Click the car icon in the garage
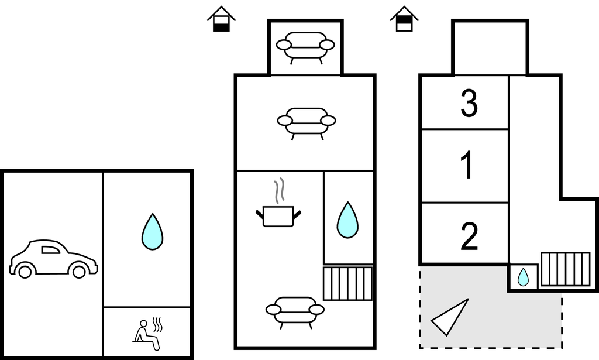coord(53,259)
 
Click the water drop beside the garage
coord(153,232)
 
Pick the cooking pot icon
coord(278,217)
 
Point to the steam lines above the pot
coord(280,190)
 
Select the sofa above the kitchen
coord(307,123)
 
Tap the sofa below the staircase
coord(295,312)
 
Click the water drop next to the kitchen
coord(347,220)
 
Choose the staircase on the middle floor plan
coord(347,283)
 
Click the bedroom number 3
coord(469,103)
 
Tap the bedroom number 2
coord(470,236)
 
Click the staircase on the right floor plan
coord(566,269)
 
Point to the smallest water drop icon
coord(523,277)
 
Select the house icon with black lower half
coord(221,19)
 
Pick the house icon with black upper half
coord(404,19)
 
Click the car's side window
coord(50,250)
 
